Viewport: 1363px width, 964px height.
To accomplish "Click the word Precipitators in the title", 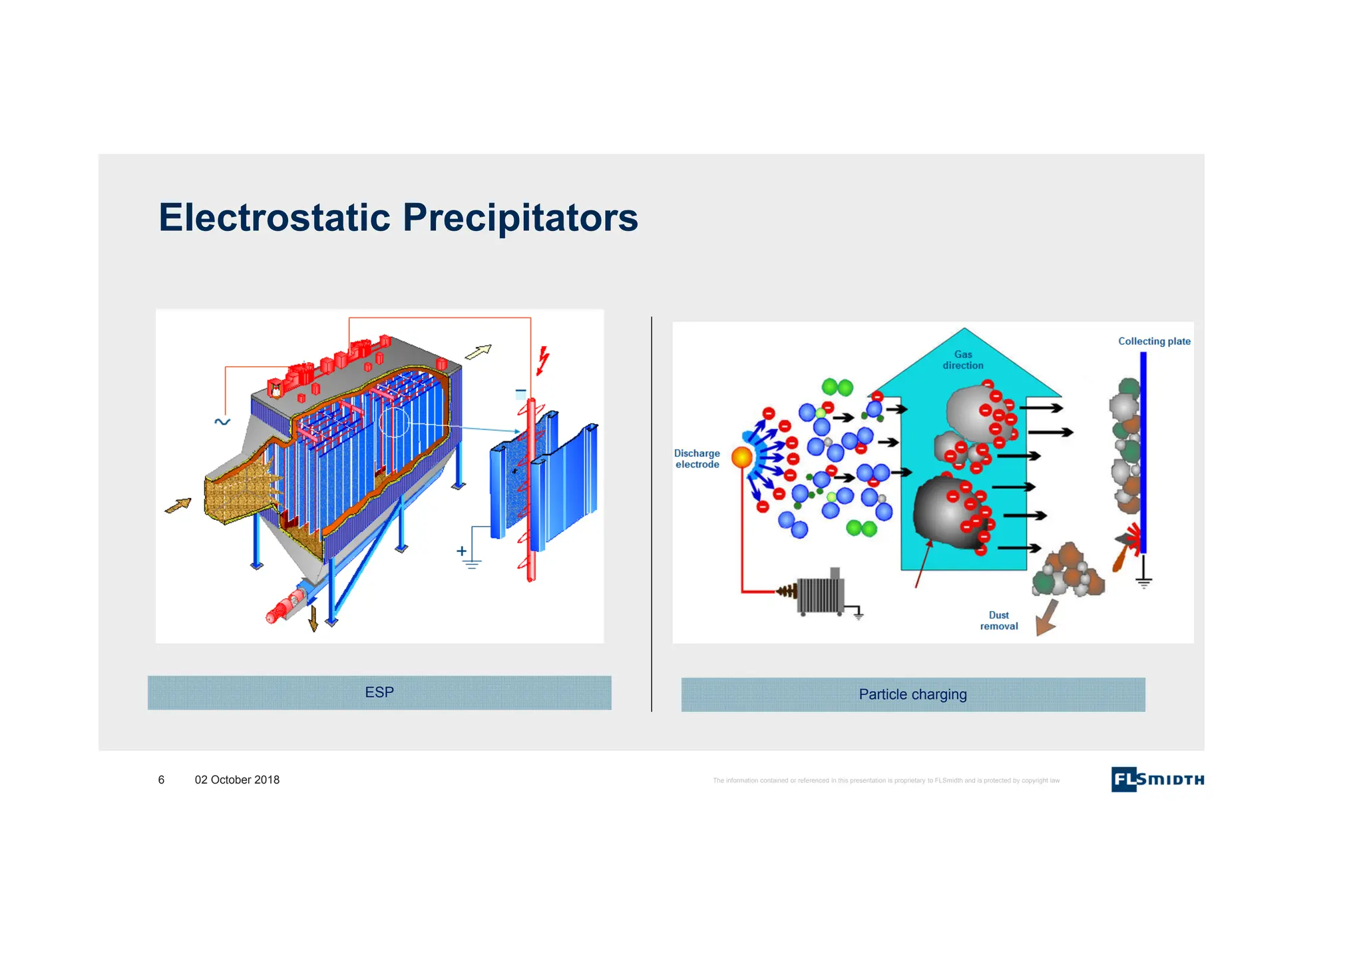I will click(520, 218).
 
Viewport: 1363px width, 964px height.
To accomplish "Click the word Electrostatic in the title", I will click(274, 218).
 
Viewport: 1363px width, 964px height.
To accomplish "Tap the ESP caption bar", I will click(379, 692).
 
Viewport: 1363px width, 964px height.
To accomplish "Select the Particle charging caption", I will click(912, 694).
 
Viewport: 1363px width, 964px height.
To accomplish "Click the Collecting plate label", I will click(1154, 342).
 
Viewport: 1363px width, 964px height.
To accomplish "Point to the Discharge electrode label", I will click(697, 459).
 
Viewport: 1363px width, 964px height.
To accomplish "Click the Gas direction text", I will click(963, 360).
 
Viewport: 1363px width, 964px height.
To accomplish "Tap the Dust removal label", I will click(998, 620).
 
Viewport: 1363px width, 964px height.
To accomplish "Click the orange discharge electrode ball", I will click(741, 457).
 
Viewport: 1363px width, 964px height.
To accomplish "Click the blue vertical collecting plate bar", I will click(1143, 453).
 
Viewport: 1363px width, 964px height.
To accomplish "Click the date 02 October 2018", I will click(237, 780).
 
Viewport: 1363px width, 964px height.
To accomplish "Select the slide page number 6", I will click(161, 780).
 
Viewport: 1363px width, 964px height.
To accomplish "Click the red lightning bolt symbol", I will click(543, 360).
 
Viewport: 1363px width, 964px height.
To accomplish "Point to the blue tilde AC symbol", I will click(222, 421).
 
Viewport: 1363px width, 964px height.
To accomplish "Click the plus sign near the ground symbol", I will click(461, 551).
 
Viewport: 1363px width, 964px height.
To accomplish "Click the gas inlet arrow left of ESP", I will click(178, 506).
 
